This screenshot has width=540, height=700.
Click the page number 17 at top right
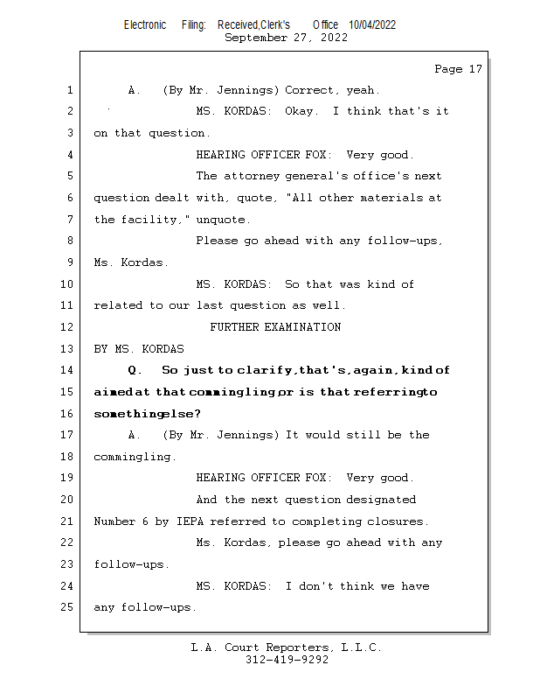coord(475,69)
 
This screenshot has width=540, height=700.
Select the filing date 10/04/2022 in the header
coord(372,25)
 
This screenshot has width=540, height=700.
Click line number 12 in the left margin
coord(67,327)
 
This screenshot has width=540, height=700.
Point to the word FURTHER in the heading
coord(234,327)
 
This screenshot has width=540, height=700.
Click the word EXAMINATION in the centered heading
coord(303,327)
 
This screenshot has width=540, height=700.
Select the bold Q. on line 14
coord(135,370)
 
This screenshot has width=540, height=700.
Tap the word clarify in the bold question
coord(265,370)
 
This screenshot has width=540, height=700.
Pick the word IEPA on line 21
coord(190,521)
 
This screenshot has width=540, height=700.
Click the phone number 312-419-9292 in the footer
coord(287,660)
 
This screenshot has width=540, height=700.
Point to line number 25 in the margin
coord(67,607)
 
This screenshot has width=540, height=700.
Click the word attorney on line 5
coord(251,177)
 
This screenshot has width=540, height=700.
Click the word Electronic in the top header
coord(145,25)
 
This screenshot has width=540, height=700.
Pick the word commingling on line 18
coord(132,457)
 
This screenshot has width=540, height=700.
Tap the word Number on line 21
coord(114,521)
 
